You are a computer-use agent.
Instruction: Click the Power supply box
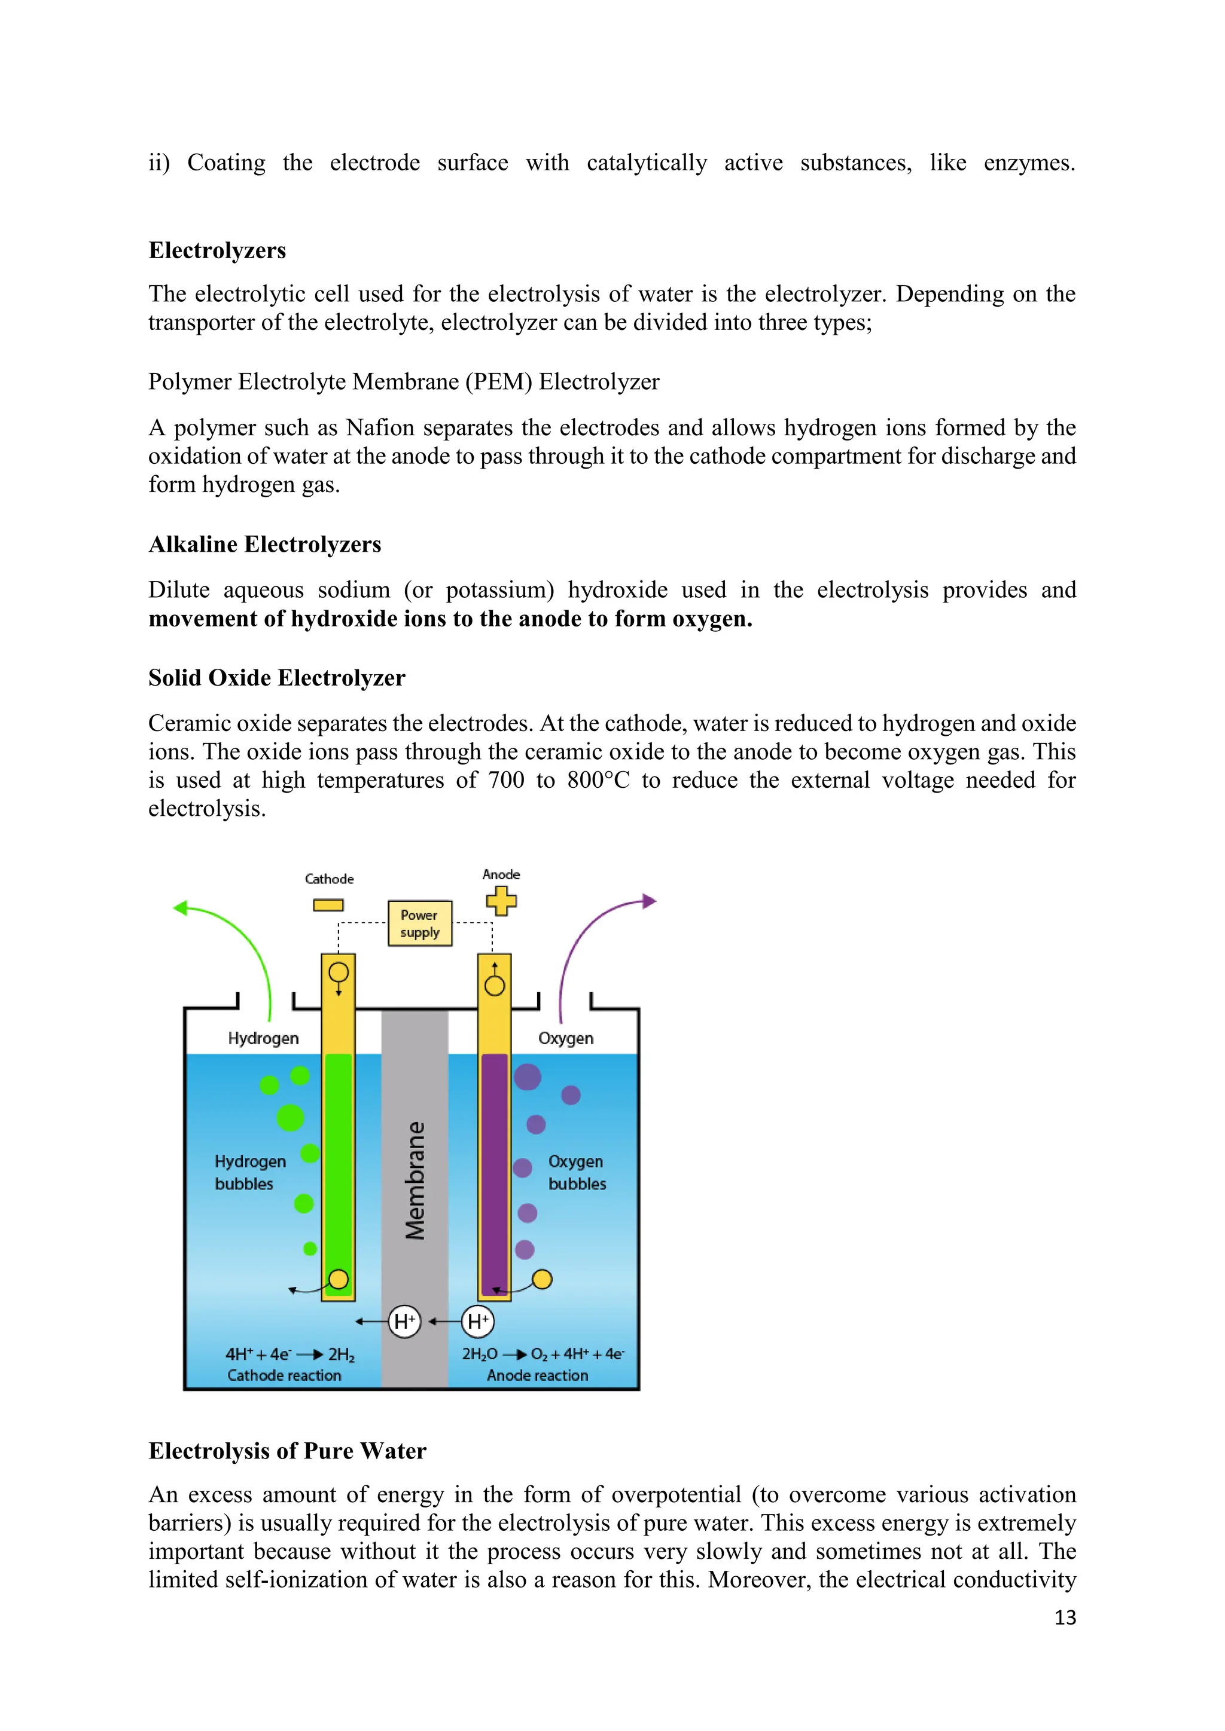[419, 923]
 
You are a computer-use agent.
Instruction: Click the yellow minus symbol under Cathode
[328, 905]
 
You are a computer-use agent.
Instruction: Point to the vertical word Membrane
[415, 1180]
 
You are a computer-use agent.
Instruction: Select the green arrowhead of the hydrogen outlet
[180, 908]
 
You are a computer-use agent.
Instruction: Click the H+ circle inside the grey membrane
[404, 1321]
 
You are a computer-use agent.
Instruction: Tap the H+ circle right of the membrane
[477, 1321]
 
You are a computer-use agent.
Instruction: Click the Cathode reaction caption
[284, 1375]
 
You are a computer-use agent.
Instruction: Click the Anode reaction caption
[537, 1375]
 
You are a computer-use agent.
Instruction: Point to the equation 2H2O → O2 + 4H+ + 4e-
[543, 1354]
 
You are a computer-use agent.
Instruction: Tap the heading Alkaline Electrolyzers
[265, 545]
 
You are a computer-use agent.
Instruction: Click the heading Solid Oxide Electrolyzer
[276, 678]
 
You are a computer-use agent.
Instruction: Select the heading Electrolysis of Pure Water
[287, 1451]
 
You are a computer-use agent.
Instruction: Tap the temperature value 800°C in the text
[598, 779]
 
